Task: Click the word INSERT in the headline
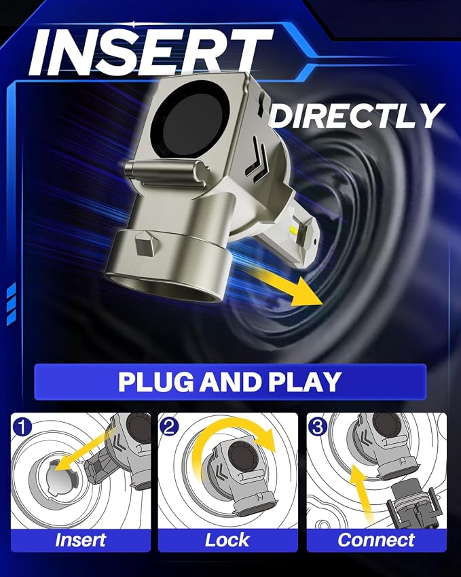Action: click(x=151, y=52)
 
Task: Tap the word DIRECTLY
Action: click(x=357, y=116)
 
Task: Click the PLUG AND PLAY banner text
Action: click(x=229, y=381)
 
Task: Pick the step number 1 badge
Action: click(x=22, y=427)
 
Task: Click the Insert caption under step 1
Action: click(x=81, y=540)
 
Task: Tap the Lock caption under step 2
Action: click(x=227, y=540)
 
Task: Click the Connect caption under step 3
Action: click(x=376, y=540)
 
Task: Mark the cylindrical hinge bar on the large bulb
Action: click(x=166, y=172)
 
